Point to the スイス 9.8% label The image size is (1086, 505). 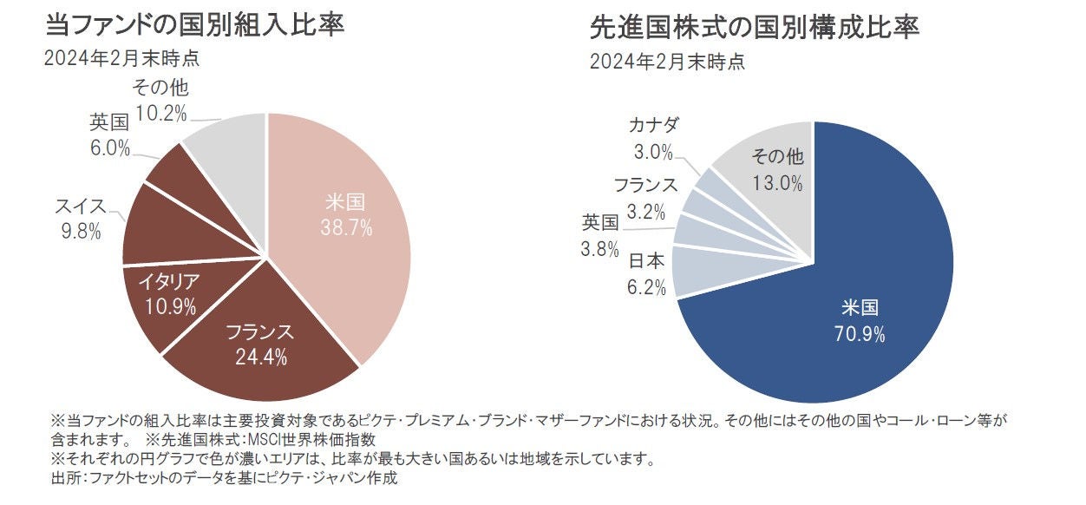coord(80,219)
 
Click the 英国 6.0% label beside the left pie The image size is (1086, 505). coord(109,134)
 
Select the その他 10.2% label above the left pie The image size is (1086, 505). coord(160,99)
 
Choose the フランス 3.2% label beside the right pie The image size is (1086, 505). coord(644,197)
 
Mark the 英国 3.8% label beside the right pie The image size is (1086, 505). coord(600,236)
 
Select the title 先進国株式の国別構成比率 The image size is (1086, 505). coord(754,28)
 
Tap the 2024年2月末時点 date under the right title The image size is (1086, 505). coord(666,62)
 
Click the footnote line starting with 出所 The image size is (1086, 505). coord(225,477)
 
